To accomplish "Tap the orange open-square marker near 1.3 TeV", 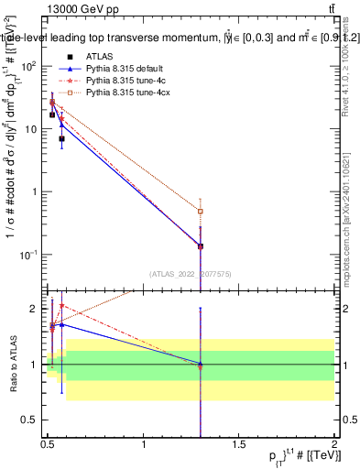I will click(x=201, y=212).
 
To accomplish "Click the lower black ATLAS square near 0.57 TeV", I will click(x=61, y=139).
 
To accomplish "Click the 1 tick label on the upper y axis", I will click(x=38, y=191).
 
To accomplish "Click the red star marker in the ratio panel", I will click(x=61, y=306).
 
